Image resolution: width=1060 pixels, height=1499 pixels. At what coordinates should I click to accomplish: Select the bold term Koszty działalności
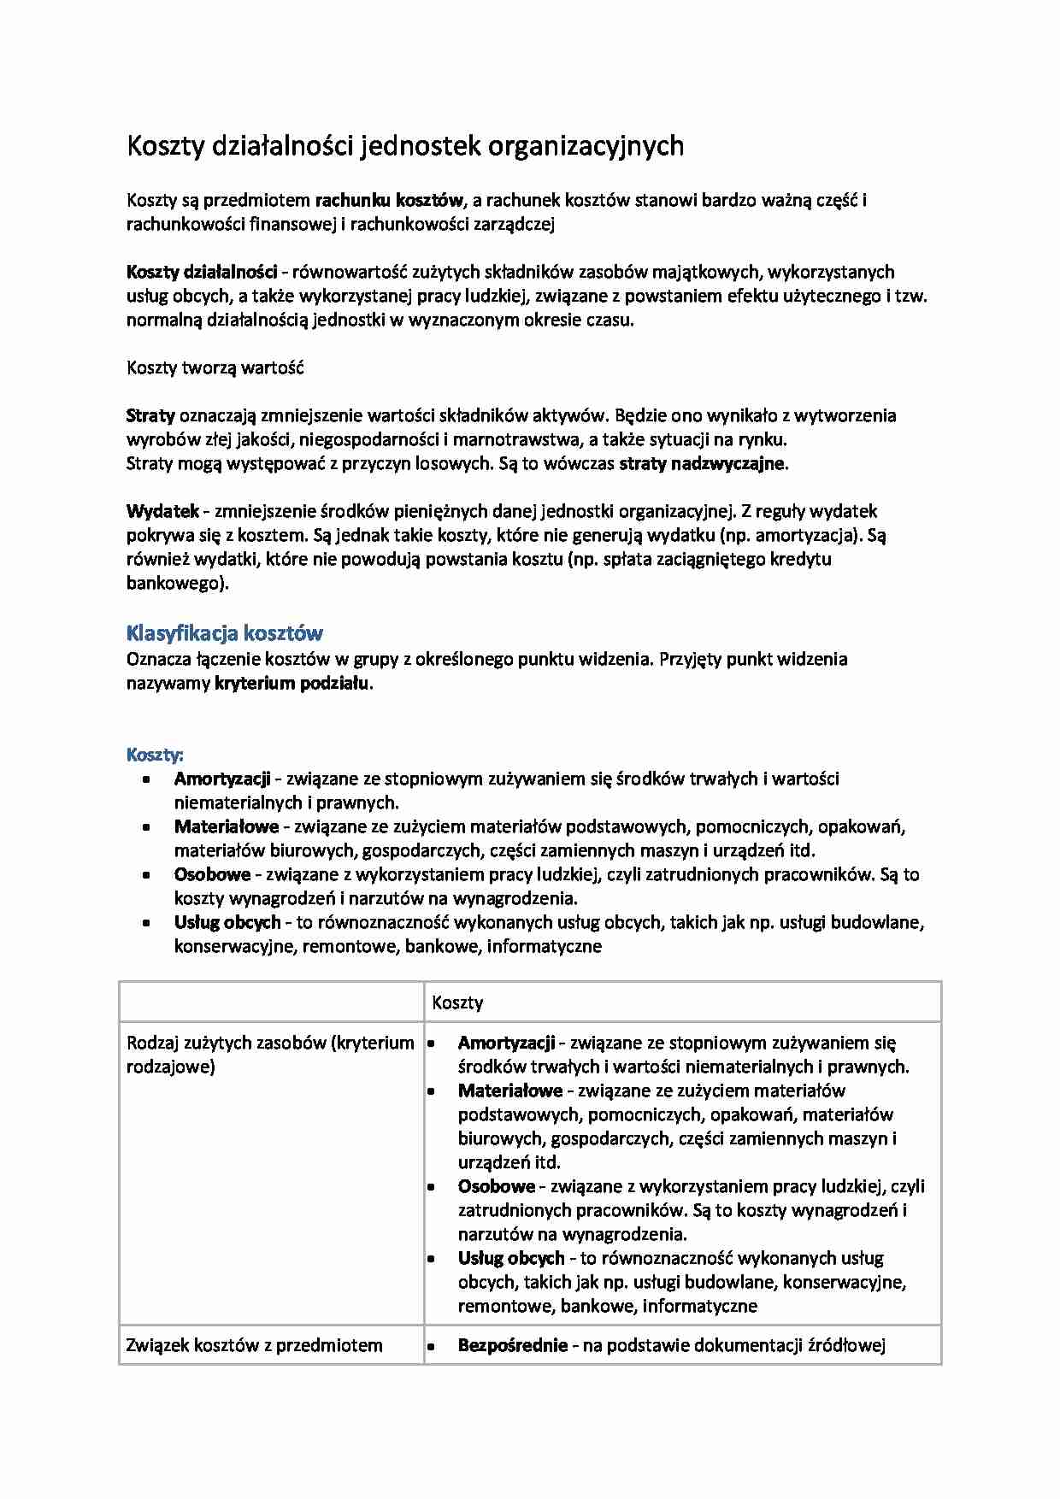(202, 273)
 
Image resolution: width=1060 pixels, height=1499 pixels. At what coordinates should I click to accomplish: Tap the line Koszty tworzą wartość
(215, 368)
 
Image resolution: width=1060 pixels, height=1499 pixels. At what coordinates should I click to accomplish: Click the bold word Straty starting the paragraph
(150, 416)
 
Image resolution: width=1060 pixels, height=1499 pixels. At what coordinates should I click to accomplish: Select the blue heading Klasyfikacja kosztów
(225, 633)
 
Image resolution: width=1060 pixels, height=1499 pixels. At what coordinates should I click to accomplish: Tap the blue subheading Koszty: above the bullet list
(155, 755)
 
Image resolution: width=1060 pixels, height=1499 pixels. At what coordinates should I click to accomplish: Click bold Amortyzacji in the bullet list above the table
(222, 779)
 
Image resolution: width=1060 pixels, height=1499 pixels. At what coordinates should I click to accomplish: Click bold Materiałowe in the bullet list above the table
(227, 826)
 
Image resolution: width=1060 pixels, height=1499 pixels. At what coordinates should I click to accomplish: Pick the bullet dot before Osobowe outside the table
(148, 875)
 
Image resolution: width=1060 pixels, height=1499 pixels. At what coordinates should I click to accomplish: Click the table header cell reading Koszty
(457, 1002)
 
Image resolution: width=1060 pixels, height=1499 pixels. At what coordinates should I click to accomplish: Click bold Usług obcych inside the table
(511, 1258)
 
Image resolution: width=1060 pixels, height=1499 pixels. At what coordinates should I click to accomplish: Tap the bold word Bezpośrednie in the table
(513, 1345)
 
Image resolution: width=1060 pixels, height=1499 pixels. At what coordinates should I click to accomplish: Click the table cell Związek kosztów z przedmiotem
(254, 1345)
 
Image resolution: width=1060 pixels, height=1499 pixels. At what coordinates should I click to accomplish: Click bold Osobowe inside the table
(496, 1186)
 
